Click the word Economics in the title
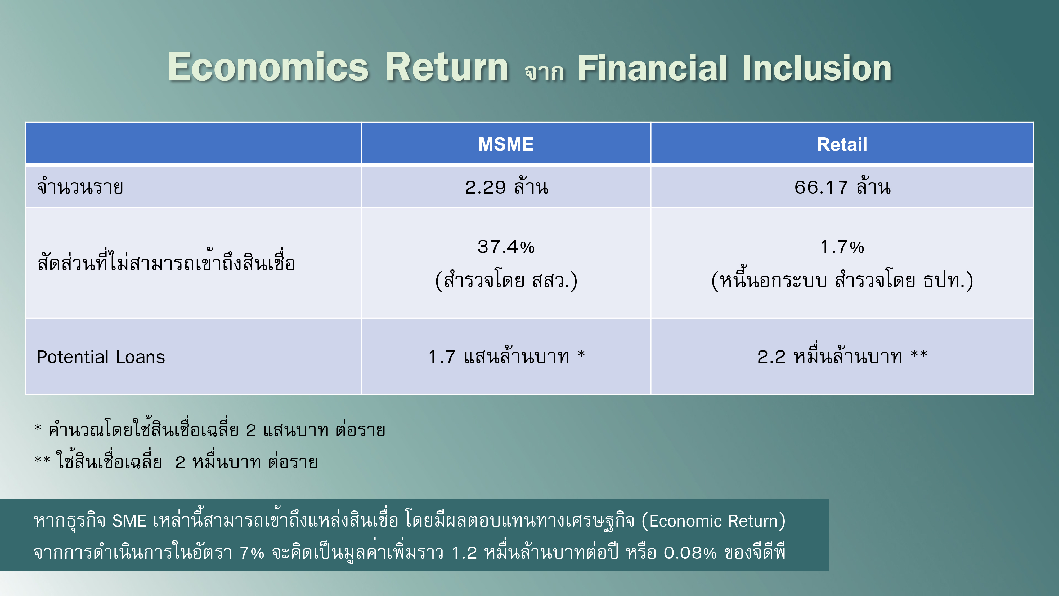(x=268, y=67)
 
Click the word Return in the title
(x=447, y=67)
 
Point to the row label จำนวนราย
(x=80, y=187)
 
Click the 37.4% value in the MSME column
(x=506, y=247)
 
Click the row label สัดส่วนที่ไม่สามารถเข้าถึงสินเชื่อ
(x=166, y=261)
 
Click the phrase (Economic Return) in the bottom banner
(x=713, y=521)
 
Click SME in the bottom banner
(x=129, y=521)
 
